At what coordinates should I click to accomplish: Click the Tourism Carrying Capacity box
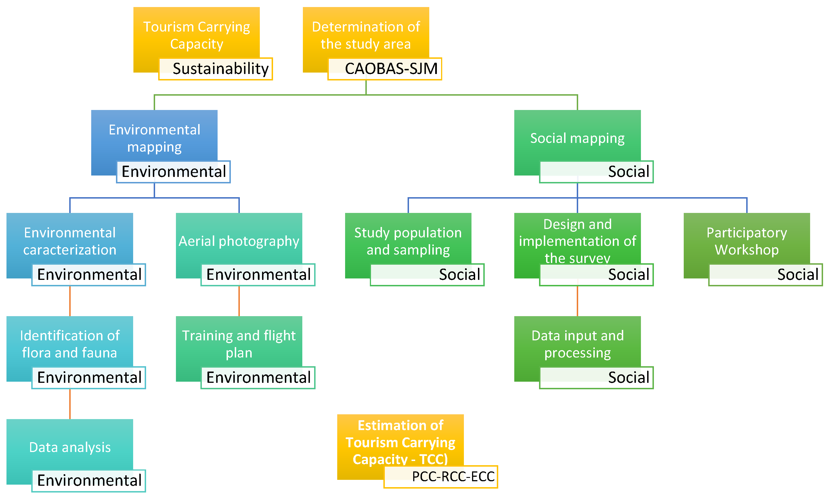196,35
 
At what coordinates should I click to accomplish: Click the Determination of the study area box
366,35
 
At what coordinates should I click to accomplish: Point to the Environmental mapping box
154,138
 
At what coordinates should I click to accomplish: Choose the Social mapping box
577,138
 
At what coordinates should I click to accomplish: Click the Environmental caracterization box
70,241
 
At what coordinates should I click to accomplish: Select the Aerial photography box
239,241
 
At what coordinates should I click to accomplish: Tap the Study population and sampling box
408,241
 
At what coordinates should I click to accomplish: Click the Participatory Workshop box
746,241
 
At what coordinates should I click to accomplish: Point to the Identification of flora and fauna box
70,344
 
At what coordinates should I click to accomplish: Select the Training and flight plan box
239,344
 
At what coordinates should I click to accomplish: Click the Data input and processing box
577,344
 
